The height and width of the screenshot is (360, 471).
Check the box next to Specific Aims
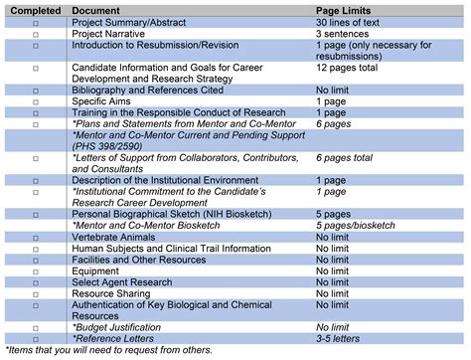[36, 101]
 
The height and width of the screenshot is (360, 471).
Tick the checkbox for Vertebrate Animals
[36, 237]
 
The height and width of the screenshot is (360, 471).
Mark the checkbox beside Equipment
[36, 270]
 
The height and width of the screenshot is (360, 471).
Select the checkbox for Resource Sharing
[36, 292]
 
